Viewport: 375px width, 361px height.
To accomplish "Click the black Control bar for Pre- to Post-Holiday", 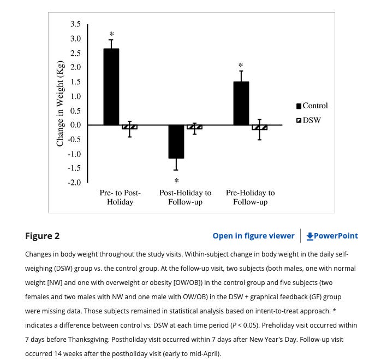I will click(111, 87).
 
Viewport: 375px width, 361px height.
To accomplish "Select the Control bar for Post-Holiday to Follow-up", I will click(176, 142).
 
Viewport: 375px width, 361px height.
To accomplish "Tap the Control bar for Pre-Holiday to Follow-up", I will click(241, 103).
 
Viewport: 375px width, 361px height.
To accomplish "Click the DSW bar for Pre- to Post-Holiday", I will click(129, 127).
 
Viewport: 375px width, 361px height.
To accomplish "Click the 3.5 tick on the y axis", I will click(75, 24).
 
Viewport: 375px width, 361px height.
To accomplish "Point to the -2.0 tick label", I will click(74, 183).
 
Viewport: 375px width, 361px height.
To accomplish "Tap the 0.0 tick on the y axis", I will click(75, 125).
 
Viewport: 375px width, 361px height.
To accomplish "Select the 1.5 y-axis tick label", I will click(75, 81).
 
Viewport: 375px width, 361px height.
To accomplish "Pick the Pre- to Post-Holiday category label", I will click(120, 197).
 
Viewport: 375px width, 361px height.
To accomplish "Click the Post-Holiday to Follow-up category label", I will click(185, 197).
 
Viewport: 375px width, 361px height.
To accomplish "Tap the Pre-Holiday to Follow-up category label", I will click(250, 197).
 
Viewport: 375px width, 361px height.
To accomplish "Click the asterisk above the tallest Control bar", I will click(111, 34).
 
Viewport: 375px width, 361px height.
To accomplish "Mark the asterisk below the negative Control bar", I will click(176, 180).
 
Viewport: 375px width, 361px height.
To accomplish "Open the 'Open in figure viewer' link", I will click(253, 236).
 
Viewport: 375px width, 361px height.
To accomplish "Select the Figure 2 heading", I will click(42, 236).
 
